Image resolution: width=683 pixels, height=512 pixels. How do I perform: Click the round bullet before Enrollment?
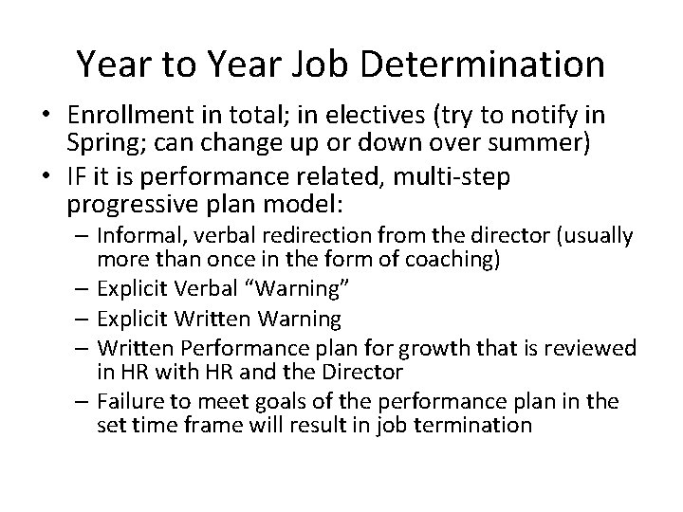pyautogui.click(x=46, y=118)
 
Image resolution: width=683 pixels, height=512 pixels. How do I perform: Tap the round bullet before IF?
pyautogui.click(x=46, y=178)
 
